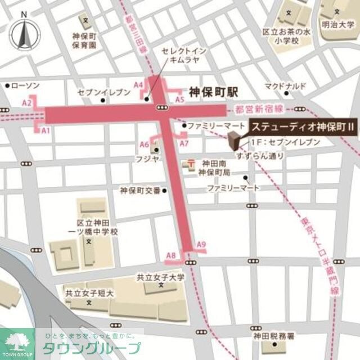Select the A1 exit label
[46, 130]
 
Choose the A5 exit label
[179, 100]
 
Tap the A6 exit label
[145, 143]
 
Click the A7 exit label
[184, 143]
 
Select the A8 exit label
[172, 256]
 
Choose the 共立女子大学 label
[161, 277]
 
